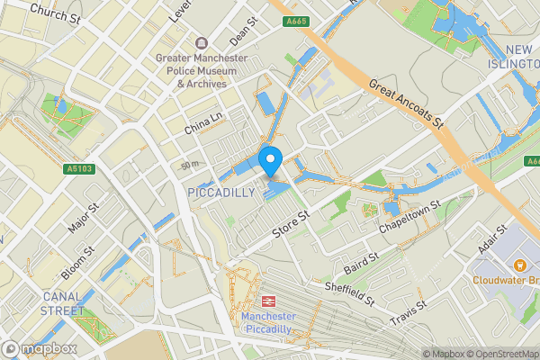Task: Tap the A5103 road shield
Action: (x=78, y=168)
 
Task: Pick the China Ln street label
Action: (x=202, y=121)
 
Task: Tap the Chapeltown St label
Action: (x=409, y=220)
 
